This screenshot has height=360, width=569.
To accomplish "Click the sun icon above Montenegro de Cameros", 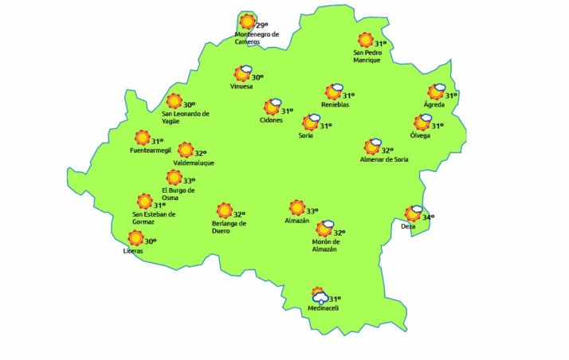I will point(248,22).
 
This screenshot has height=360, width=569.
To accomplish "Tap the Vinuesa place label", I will point(241,86).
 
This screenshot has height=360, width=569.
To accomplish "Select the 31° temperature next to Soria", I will point(325,126).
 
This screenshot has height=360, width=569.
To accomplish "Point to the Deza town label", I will point(408,227).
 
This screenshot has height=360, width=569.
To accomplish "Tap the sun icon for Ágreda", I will point(436,92).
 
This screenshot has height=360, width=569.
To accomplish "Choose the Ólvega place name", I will point(420,135).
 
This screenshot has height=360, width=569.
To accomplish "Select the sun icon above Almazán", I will point(297,208).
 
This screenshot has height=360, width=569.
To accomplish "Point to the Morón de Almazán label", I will point(326,245).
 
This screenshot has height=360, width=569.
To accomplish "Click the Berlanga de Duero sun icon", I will point(225,211).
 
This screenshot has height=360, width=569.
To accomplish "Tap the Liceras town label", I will point(134,251).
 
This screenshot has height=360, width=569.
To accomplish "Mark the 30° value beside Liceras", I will point(150,241).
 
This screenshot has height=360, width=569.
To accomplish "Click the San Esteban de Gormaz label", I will point(154,217).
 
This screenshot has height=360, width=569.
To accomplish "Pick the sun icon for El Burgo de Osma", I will point(174,178).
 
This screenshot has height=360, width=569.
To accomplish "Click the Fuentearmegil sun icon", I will point(142,138).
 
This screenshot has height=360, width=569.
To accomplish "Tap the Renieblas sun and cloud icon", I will point(333,92).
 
